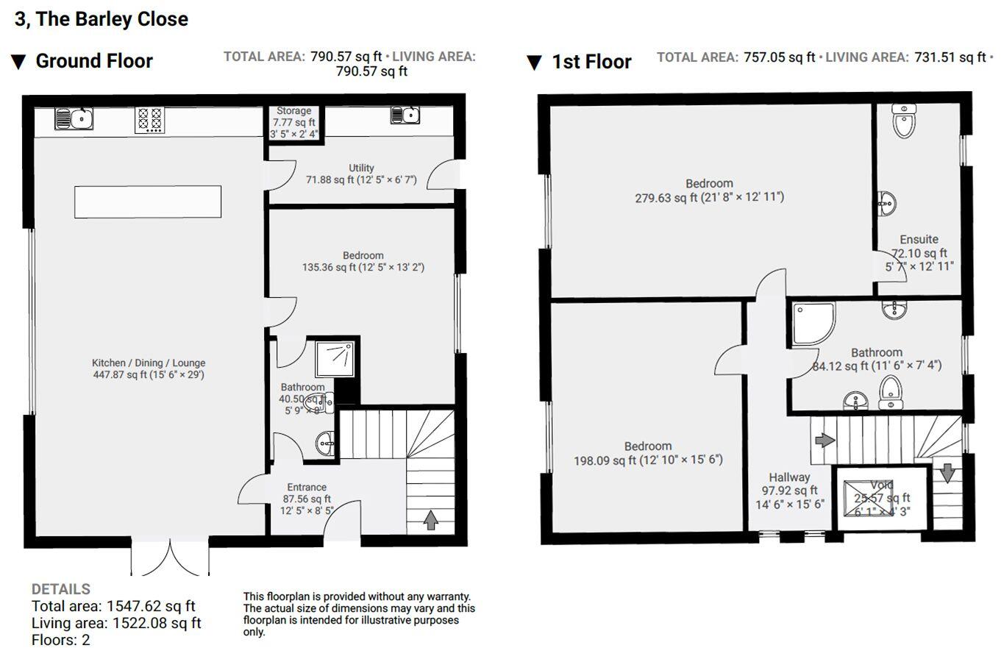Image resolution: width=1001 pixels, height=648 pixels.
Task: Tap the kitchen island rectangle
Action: point(147,202)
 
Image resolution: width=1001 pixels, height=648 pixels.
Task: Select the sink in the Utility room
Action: point(405,115)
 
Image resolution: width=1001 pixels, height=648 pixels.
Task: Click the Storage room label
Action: point(293,111)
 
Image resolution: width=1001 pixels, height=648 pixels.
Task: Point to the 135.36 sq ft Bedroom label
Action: point(363,262)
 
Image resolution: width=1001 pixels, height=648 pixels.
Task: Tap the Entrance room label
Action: point(307,487)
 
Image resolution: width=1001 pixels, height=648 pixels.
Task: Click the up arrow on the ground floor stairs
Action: point(431,520)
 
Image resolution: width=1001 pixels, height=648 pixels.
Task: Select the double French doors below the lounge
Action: point(170,559)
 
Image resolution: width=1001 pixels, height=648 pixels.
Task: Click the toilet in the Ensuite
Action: point(902,121)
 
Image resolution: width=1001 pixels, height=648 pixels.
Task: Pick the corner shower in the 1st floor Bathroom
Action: point(813,323)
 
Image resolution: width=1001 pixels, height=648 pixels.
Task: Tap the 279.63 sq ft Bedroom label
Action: point(709,191)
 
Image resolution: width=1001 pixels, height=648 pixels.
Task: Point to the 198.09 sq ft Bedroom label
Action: point(647,453)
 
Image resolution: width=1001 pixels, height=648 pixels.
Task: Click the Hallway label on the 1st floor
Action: point(789,477)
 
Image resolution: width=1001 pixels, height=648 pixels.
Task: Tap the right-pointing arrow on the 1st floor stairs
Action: point(824,440)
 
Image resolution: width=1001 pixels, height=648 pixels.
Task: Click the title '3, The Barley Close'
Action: point(101,19)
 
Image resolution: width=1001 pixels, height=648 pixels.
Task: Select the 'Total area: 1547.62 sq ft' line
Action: point(113,606)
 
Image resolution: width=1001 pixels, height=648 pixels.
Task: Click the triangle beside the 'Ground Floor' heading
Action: point(19,62)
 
